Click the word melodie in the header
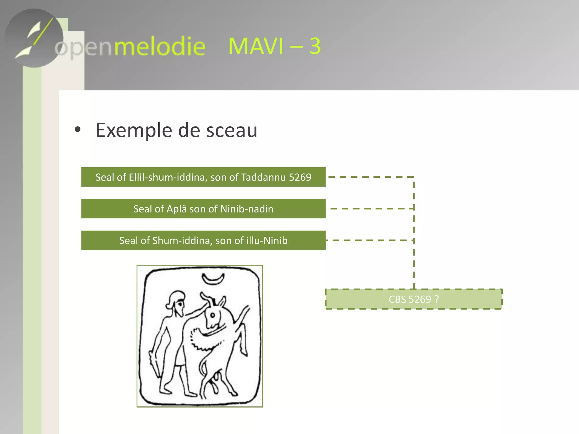(160, 46)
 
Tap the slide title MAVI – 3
(274, 46)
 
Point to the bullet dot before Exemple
(77, 130)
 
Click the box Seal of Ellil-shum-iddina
(203, 177)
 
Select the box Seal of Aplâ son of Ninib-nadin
(203, 209)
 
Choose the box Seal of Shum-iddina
(203, 240)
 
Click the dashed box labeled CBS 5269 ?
(414, 299)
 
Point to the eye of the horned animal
(213, 315)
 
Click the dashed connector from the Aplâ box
(370, 209)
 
